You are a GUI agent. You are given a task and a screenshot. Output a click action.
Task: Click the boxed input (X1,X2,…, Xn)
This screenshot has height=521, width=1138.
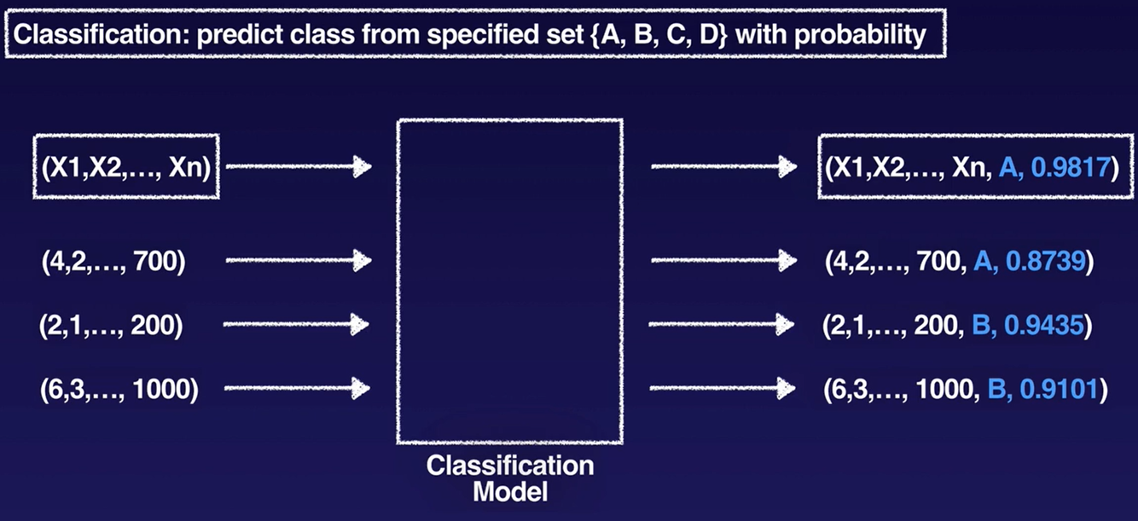(126, 166)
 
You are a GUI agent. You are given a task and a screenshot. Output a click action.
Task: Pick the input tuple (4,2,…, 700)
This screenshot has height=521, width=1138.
(113, 260)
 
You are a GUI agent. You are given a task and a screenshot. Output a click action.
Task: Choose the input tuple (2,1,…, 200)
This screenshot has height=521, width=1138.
(111, 325)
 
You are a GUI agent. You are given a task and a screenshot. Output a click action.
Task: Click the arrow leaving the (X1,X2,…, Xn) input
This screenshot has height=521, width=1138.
(299, 167)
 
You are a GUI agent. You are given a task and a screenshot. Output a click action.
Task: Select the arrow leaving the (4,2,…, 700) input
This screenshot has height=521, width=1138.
(299, 260)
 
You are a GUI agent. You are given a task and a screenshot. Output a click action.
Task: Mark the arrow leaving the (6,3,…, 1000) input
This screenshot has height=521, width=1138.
(297, 389)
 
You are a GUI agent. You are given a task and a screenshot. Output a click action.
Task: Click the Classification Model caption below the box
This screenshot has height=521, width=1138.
(509, 478)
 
